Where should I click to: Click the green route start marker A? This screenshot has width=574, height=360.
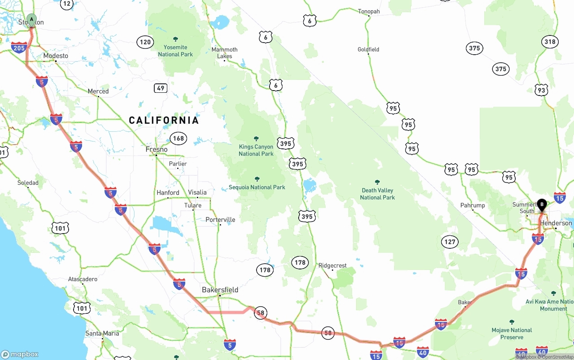click(31, 19)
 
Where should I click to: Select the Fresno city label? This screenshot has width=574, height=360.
click(157, 149)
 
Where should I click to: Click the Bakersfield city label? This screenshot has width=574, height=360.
click(220, 290)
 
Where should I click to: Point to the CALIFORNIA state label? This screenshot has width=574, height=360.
click(164, 120)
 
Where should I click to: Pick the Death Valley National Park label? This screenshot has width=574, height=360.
click(377, 194)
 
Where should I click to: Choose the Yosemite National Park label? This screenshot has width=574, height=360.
click(175, 51)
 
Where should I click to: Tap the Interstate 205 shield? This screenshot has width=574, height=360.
click(19, 48)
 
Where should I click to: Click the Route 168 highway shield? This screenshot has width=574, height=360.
click(178, 138)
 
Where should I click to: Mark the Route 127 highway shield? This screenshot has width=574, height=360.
click(450, 242)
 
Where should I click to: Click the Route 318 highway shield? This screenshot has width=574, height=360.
click(550, 42)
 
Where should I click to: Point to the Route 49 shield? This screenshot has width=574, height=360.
click(161, 88)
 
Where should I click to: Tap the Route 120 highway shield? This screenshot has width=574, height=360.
click(145, 43)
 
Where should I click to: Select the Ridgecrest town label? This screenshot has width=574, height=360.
click(332, 265)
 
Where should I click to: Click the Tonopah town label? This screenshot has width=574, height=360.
click(369, 12)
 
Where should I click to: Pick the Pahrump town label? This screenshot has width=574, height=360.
click(473, 205)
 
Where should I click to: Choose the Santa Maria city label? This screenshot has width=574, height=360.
click(102, 334)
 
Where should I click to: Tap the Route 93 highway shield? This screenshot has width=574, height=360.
click(542, 91)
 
